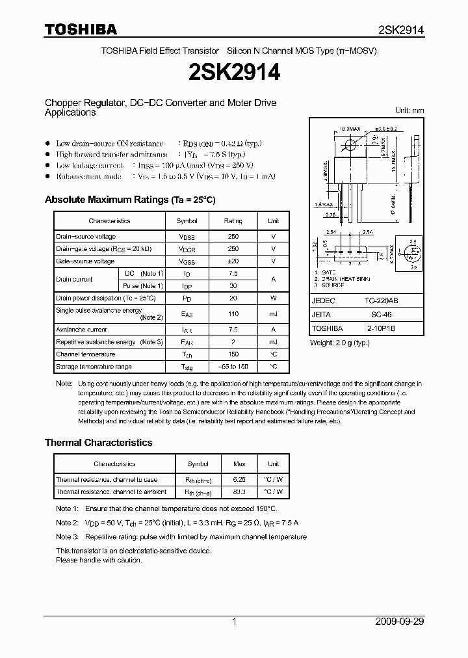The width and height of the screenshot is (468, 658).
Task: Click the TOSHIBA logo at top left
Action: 81,29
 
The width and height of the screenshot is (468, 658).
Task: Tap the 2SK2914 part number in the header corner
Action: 401,30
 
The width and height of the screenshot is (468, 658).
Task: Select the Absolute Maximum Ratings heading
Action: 129,200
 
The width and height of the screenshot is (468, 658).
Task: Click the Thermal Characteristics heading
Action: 98,442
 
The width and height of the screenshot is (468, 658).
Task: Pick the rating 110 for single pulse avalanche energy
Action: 233,313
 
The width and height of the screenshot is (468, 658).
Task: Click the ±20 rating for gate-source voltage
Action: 233,261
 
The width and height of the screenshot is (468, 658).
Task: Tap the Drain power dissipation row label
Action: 106,298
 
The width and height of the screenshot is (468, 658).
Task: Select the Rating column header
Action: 233,221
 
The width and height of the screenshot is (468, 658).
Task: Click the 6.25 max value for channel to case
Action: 239,480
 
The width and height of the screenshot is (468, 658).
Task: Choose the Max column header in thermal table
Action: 239,464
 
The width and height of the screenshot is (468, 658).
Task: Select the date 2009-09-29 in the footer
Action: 400,622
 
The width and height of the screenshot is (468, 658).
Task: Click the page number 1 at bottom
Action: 234,622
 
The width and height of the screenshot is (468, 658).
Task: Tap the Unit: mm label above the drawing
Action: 409,111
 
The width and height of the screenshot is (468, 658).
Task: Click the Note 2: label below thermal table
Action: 67,523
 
